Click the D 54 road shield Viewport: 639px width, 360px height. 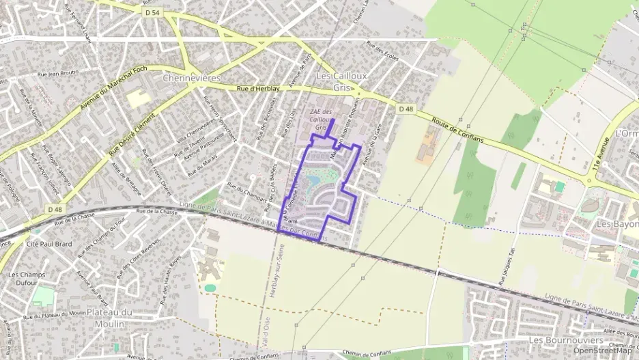[x=152, y=12]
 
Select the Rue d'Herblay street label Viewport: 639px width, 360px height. [x=258, y=89]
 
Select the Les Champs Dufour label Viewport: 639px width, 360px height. [x=23, y=279]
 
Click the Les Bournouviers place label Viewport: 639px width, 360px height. [x=565, y=340]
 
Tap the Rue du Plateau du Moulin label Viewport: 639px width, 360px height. [x=54, y=316]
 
